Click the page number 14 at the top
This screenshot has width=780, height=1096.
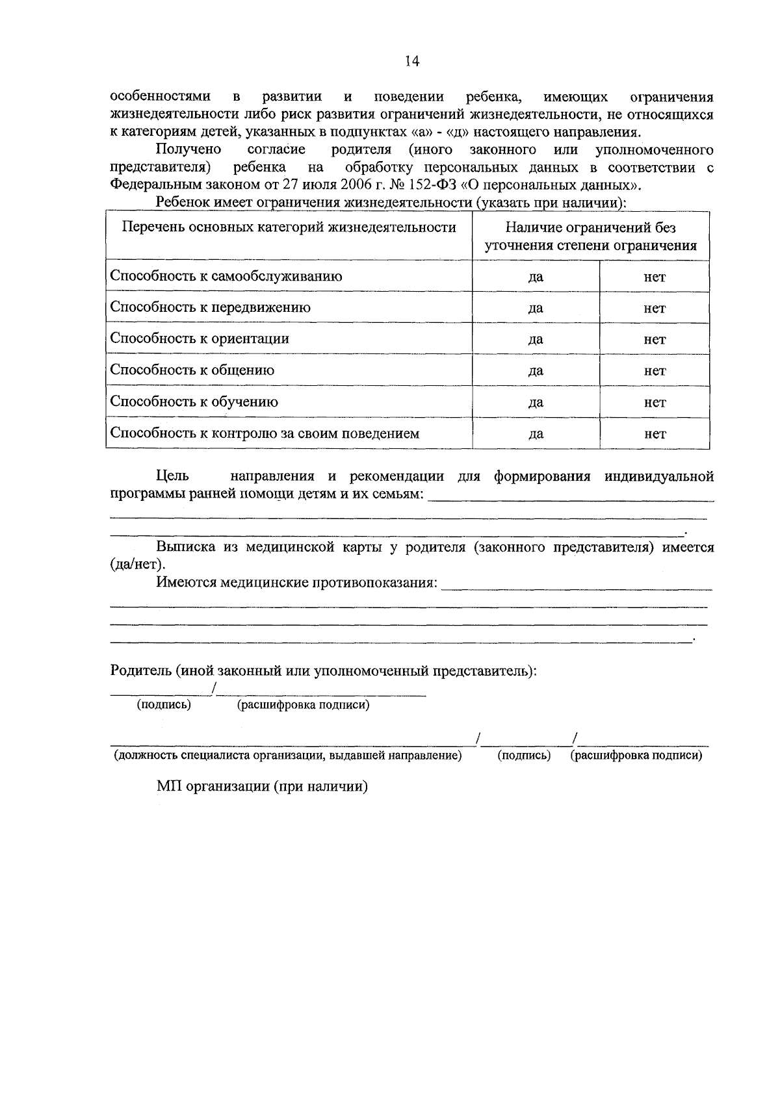click(x=412, y=61)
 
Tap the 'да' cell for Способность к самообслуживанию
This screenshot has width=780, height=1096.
click(x=536, y=277)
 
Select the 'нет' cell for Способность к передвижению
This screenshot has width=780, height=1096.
click(x=655, y=309)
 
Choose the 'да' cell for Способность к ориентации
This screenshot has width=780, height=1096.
click(x=536, y=340)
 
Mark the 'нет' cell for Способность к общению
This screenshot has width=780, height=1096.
click(x=655, y=371)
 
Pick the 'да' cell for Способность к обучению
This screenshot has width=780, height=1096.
click(x=536, y=403)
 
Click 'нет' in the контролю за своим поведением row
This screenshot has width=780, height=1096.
click(x=655, y=434)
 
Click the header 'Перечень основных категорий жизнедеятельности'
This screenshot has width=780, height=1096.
click(x=289, y=227)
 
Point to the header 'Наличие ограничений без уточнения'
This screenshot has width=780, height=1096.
click(x=590, y=236)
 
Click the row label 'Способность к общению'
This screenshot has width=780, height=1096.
click(x=192, y=370)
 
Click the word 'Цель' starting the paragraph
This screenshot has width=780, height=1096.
click(x=173, y=476)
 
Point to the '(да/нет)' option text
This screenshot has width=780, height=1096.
click(x=137, y=564)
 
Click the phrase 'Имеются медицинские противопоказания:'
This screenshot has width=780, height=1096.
click(x=296, y=582)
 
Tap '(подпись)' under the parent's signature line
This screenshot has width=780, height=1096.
click(x=164, y=705)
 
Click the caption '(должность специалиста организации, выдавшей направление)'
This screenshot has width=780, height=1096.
click(x=288, y=756)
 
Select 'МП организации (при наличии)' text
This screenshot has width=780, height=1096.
click(x=262, y=786)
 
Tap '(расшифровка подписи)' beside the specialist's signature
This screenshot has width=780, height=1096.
click(x=636, y=756)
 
